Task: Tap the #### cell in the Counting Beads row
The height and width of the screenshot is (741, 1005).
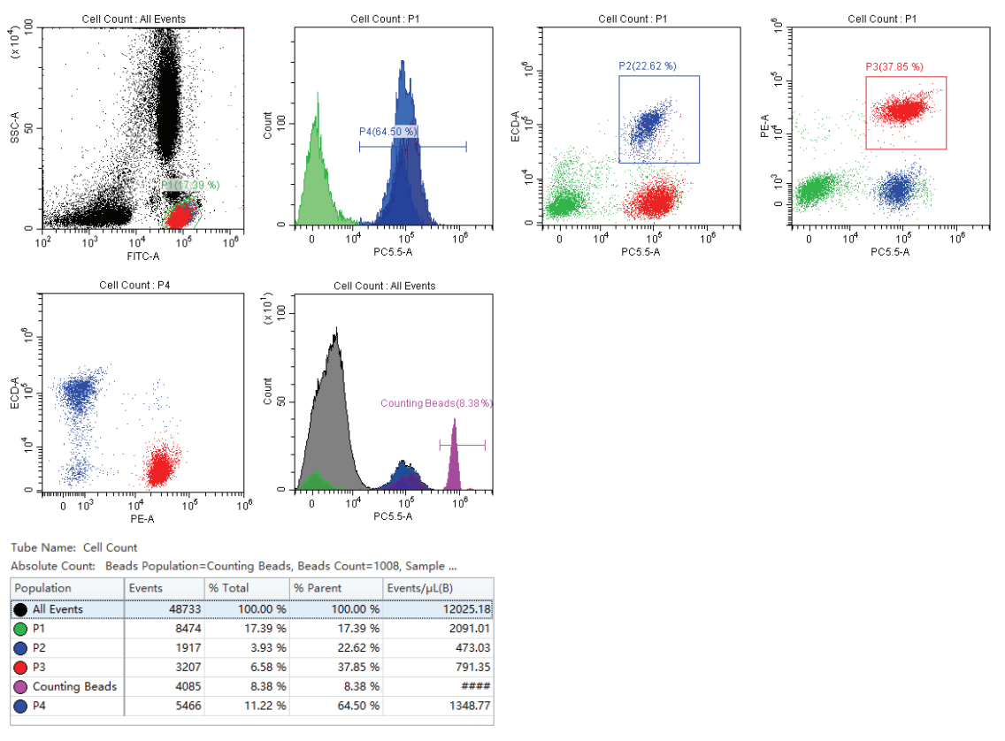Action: (477, 686)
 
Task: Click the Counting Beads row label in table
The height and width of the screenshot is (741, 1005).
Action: (74, 686)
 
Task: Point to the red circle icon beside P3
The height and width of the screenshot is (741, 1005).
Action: (21, 667)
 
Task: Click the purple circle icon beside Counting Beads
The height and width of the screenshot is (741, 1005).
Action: (21, 686)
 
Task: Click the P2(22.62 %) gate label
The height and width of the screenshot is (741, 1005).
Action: (647, 65)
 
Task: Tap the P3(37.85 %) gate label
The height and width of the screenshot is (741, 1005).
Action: (894, 66)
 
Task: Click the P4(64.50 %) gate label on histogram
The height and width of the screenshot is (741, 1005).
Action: (388, 132)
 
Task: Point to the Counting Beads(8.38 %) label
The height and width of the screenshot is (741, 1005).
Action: (436, 403)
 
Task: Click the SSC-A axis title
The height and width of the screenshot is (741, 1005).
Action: (16, 128)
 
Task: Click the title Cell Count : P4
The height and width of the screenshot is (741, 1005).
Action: (141, 286)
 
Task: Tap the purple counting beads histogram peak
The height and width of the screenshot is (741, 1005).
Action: (454, 460)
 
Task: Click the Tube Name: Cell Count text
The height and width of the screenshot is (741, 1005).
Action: (74, 547)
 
